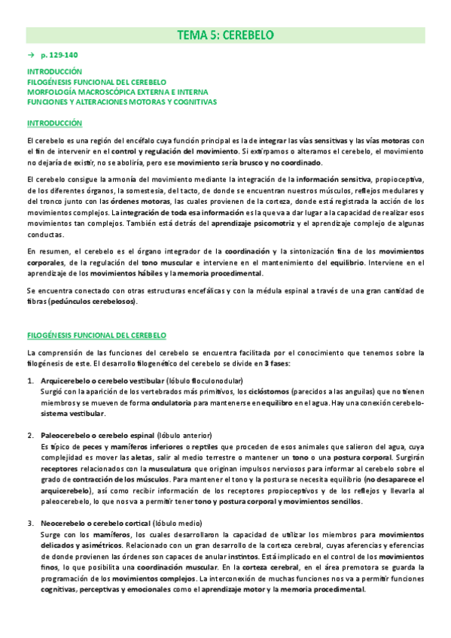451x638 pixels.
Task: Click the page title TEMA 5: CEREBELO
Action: (x=225, y=35)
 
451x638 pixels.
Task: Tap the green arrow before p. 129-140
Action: (x=30, y=56)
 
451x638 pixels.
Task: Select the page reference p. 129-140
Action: (x=59, y=56)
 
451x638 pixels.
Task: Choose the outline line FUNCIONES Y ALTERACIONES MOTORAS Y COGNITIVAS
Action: (x=121, y=102)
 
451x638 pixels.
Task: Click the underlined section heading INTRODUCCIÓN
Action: (x=54, y=123)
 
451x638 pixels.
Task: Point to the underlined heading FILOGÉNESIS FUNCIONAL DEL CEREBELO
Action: (x=96, y=334)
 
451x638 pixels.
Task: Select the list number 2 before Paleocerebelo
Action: (x=31, y=435)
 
